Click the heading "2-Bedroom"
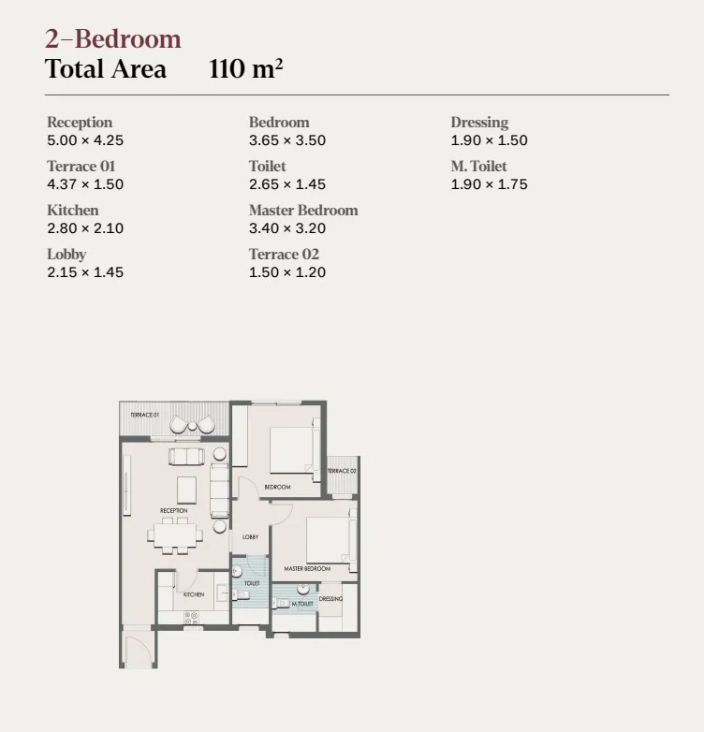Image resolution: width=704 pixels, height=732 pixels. [113, 39]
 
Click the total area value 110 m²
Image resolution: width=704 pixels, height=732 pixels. [246, 69]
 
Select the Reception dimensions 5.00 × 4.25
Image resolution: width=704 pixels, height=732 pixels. [85, 140]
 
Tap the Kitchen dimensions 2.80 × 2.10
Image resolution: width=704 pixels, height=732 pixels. [85, 228]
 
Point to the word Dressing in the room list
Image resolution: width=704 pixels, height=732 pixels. [479, 123]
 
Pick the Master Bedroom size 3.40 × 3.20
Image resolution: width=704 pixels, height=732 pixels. [287, 228]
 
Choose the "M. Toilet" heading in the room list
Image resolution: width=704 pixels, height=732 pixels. [478, 167]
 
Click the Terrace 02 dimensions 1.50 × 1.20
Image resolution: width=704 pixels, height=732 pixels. [287, 272]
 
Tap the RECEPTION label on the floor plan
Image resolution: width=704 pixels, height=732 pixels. [173, 511]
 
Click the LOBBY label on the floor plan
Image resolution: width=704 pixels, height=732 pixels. [250, 537]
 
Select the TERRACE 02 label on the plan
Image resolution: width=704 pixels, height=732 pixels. [342, 471]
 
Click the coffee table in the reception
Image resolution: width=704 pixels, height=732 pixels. [187, 489]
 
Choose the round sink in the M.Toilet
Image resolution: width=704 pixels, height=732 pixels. [302, 590]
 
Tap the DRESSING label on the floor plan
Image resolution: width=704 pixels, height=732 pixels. [330, 599]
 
